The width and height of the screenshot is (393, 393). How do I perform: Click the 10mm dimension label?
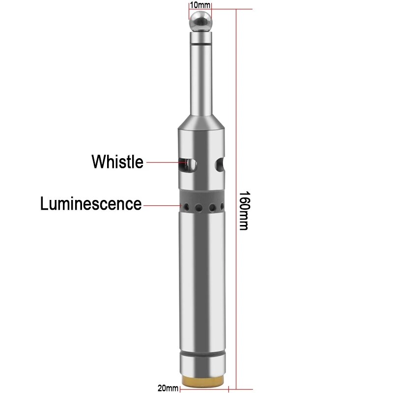(x=200, y=4)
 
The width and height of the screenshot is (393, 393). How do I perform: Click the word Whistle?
(x=117, y=162)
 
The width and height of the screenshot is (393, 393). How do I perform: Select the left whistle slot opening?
(x=187, y=163)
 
